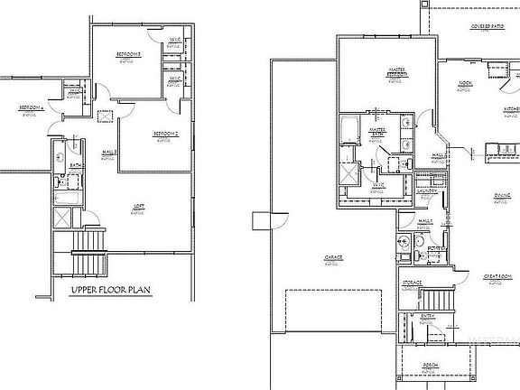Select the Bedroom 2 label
click(x=164, y=134)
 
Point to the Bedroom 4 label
click(x=27, y=108)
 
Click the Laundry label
click(x=428, y=191)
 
